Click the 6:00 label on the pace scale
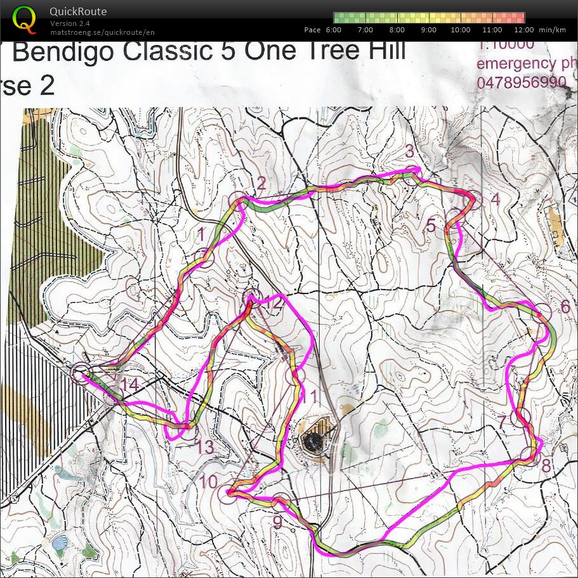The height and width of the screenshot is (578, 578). coord(334,30)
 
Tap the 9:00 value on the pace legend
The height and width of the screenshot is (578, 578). coord(428,30)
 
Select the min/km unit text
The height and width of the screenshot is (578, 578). coord(552,30)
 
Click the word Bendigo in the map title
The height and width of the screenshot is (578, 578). coord(64,52)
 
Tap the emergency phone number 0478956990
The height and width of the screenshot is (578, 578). coord(521,82)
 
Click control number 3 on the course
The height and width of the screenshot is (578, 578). coord(409,151)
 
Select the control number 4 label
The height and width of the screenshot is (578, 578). coord(496,200)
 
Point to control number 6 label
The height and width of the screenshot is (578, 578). coord(565,307)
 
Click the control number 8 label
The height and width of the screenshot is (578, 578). coord(546,465)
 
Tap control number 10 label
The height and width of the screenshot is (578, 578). coord(208,482)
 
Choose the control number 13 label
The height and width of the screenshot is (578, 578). coord(204,447)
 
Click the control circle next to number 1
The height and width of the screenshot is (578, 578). coord(204,258)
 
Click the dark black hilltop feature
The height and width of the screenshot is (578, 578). coord(313,440)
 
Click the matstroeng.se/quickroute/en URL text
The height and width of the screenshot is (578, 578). coord(102,32)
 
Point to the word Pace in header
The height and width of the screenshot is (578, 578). coord(312,30)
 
